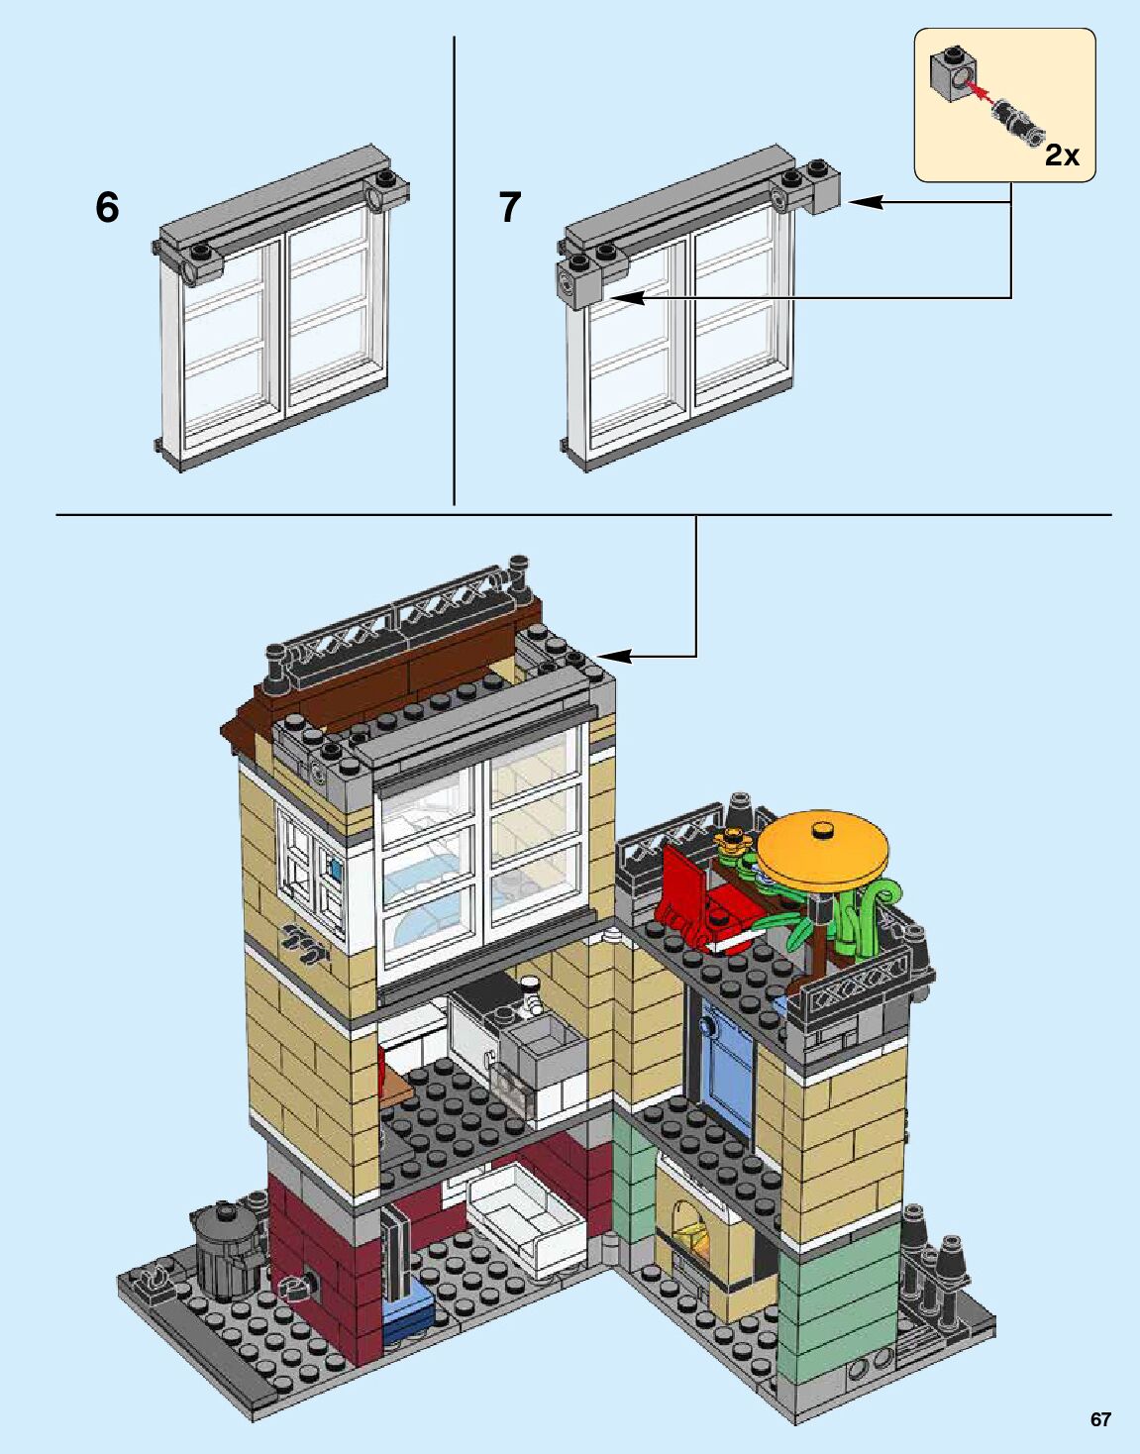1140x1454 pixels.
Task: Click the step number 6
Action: (107, 207)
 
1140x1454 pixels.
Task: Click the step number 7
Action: (509, 207)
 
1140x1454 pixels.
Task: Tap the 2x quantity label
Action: (1062, 155)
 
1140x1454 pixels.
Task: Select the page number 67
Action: (1100, 1418)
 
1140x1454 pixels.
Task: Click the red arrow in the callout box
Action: (982, 92)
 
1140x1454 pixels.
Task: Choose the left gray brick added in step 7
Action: (578, 283)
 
